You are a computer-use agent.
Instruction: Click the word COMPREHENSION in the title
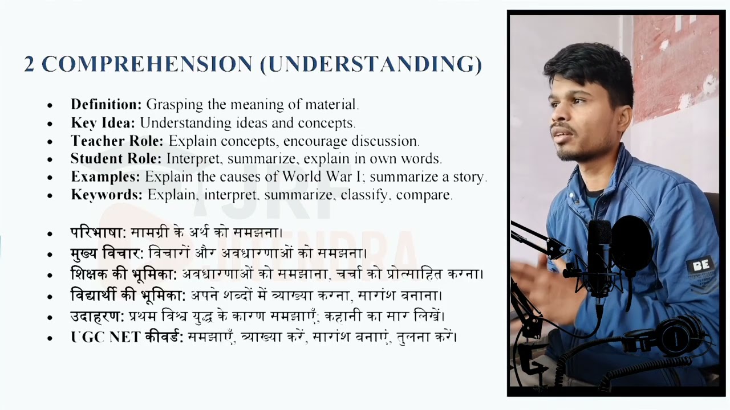click(147, 64)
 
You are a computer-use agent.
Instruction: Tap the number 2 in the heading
click(29, 64)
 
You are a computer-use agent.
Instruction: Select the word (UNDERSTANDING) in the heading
click(371, 64)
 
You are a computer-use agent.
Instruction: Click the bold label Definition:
click(106, 105)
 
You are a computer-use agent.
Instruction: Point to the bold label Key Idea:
click(103, 123)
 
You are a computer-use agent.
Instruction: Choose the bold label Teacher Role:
click(117, 141)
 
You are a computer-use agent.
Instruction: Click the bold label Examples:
click(106, 177)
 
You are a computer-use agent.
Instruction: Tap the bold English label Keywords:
click(107, 195)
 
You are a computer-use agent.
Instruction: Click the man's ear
click(623, 116)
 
